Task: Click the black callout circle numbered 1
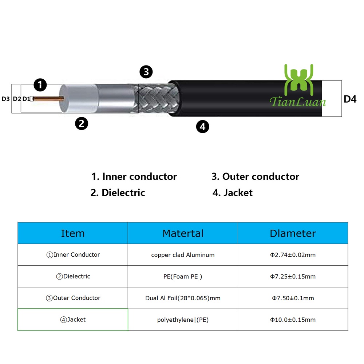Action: pos(40,85)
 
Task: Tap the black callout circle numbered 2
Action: pos(82,123)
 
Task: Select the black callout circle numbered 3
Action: pos(146,72)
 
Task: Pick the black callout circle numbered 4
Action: pos(203,127)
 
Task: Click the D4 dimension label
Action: pos(350,99)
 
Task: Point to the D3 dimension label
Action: pos(6,99)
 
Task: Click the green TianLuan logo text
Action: pos(298,102)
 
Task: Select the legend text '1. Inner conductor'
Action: pos(134,177)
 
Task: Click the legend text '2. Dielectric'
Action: pos(118,193)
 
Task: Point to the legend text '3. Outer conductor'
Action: pos(255,177)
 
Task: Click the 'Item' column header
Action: pos(73,233)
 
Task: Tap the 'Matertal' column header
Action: pos(183,233)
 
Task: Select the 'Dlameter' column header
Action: pos(293,233)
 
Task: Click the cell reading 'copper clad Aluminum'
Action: pos(183,255)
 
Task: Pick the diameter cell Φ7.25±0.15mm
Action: pos(293,277)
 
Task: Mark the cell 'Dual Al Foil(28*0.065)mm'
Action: pos(183,298)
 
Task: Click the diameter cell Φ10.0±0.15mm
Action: pos(293,320)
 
